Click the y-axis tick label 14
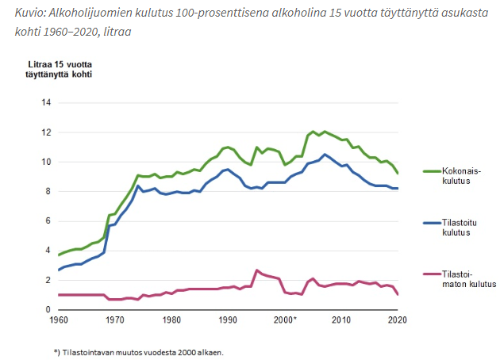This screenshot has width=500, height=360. [45, 103]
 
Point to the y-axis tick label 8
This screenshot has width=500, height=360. [48, 191]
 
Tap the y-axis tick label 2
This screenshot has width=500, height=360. [48, 280]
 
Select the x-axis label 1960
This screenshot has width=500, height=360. [58, 320]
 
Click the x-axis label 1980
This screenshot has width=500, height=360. [171, 320]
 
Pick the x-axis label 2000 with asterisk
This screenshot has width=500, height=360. [286, 320]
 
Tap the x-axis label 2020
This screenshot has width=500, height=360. [398, 320]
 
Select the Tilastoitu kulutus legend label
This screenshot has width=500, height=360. [458, 229]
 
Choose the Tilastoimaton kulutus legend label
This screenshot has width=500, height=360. [467, 278]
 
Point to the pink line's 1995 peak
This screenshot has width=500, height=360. [256, 270]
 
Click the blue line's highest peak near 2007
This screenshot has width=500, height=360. [325, 155]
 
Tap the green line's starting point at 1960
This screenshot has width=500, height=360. [58, 255]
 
